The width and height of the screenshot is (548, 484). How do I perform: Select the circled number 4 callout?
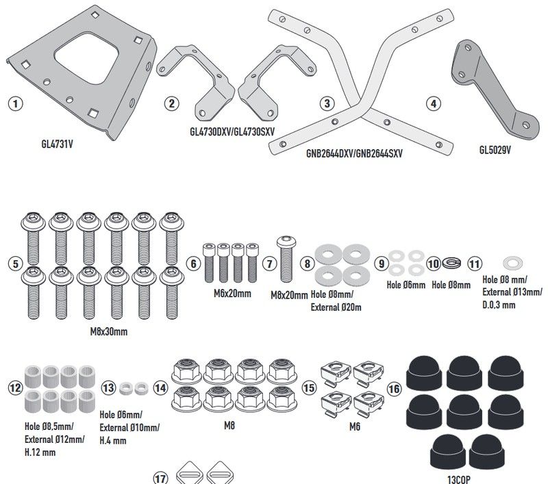[432, 104]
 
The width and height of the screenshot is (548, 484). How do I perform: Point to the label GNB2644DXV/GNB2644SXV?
[354, 155]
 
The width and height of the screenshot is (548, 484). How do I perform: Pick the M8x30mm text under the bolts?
[109, 331]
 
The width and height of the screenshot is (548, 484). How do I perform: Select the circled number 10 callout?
[434, 263]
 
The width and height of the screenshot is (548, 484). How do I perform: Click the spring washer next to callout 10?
[452, 262]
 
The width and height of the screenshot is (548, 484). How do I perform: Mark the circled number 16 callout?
[395, 388]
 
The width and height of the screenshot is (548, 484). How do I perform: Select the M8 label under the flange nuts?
[229, 425]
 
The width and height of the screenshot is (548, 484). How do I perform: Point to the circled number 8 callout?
[308, 263]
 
